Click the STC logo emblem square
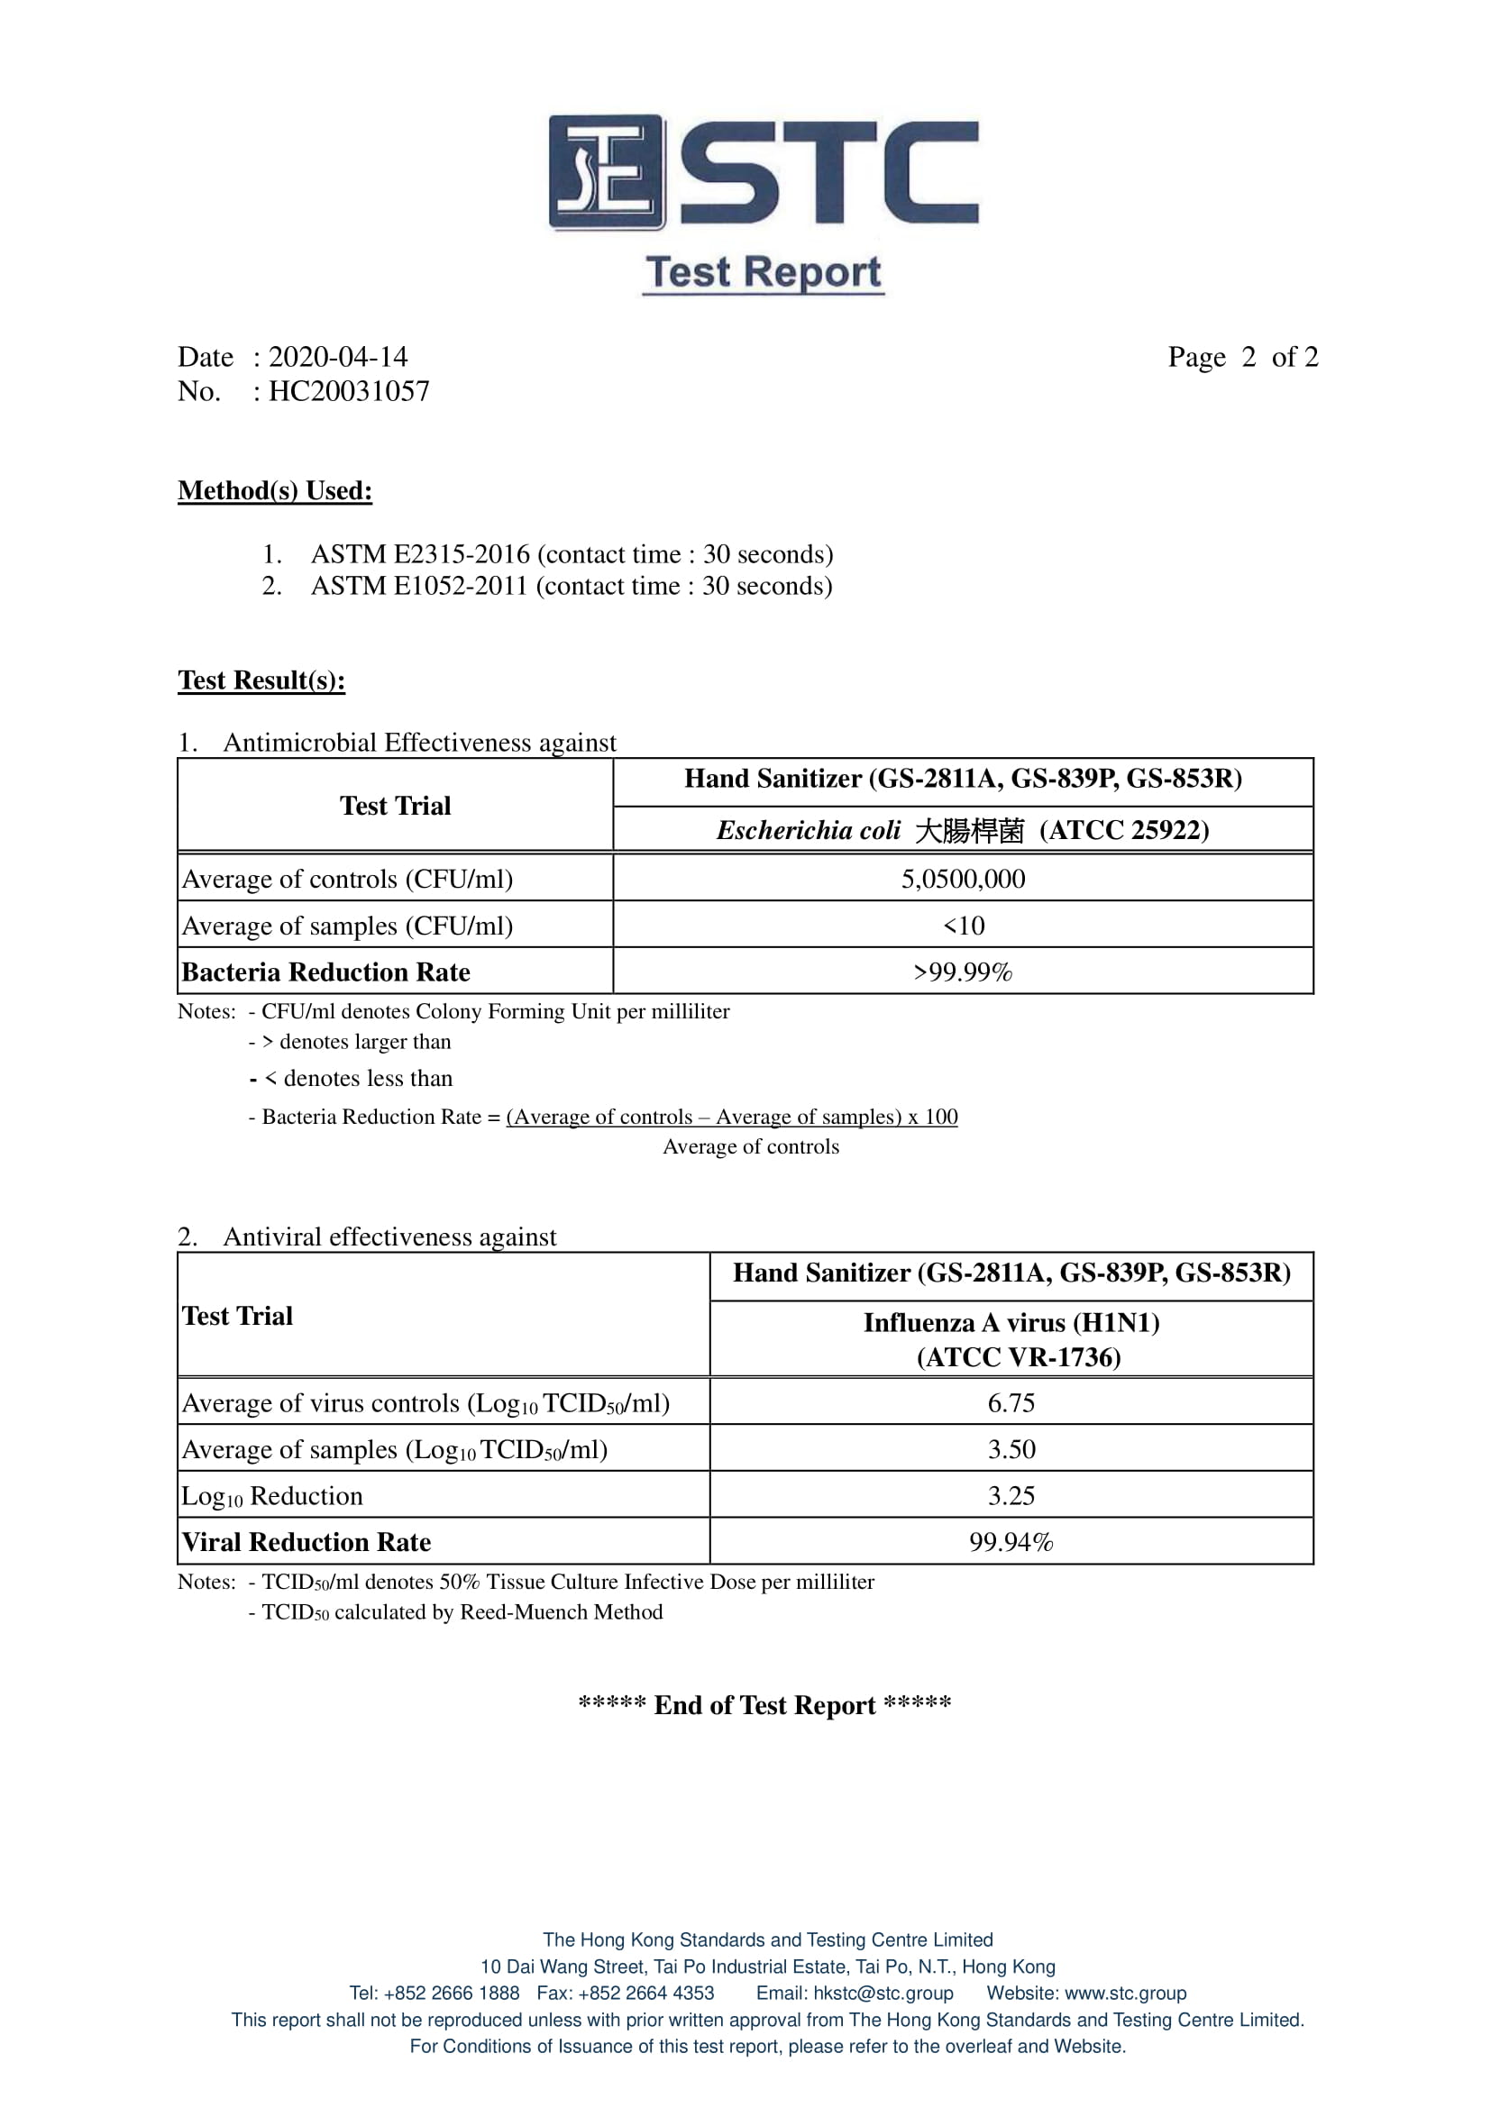point(606,173)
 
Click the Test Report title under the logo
point(763,273)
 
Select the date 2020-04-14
point(338,357)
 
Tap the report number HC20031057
point(349,391)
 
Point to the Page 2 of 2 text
point(1242,357)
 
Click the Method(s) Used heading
point(275,491)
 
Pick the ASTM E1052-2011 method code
point(419,586)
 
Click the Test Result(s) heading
point(261,680)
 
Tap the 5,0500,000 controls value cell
point(963,879)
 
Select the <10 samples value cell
point(963,926)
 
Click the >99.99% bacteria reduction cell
point(963,972)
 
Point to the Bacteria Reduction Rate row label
point(326,972)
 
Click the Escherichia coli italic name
point(808,831)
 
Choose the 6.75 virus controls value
point(1011,1403)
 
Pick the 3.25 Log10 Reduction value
point(1011,1496)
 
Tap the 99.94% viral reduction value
point(1011,1542)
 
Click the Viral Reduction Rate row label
point(306,1542)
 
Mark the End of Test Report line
point(764,1705)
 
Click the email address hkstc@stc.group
point(883,1994)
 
